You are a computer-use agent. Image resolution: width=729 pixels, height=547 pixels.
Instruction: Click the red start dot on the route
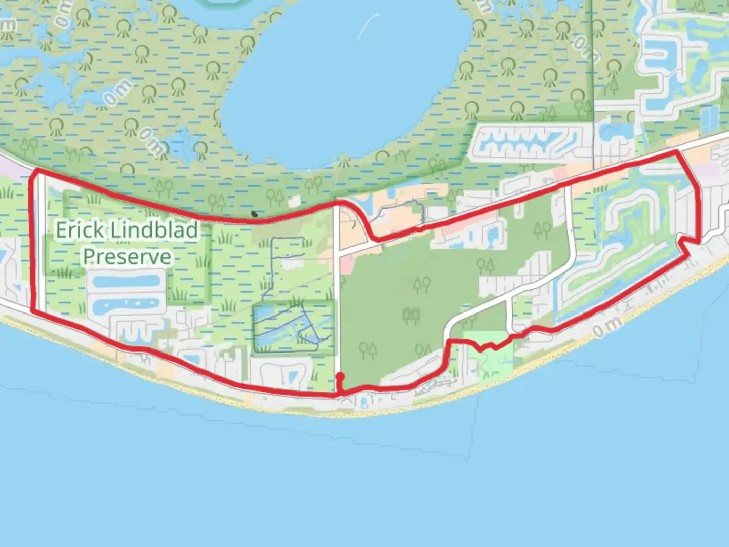coord(340,376)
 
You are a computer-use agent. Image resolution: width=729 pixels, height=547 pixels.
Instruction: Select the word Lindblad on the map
coord(154,230)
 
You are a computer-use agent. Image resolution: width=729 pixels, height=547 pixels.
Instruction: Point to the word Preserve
coord(127,256)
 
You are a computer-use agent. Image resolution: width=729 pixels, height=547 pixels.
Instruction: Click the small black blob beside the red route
coord(255,214)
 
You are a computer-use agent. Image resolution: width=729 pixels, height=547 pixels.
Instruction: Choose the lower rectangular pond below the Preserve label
coord(126,305)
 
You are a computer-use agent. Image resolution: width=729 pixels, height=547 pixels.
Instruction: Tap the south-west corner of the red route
coord(33,310)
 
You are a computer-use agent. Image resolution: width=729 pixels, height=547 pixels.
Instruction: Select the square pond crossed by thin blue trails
coord(294,327)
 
